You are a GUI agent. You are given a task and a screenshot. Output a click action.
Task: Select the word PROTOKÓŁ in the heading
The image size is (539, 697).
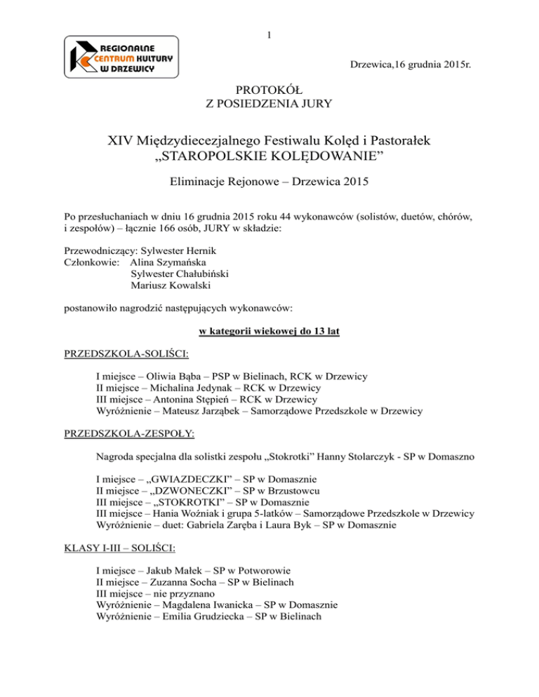[x=269, y=91]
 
